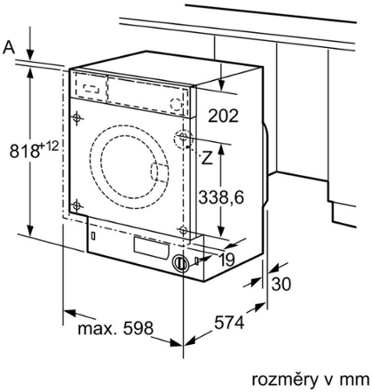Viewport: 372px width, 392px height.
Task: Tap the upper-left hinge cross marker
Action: click(78, 117)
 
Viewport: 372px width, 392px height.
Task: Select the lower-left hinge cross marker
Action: click(78, 205)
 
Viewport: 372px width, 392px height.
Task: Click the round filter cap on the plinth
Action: click(181, 262)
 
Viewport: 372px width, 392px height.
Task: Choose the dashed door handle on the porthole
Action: click(159, 172)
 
